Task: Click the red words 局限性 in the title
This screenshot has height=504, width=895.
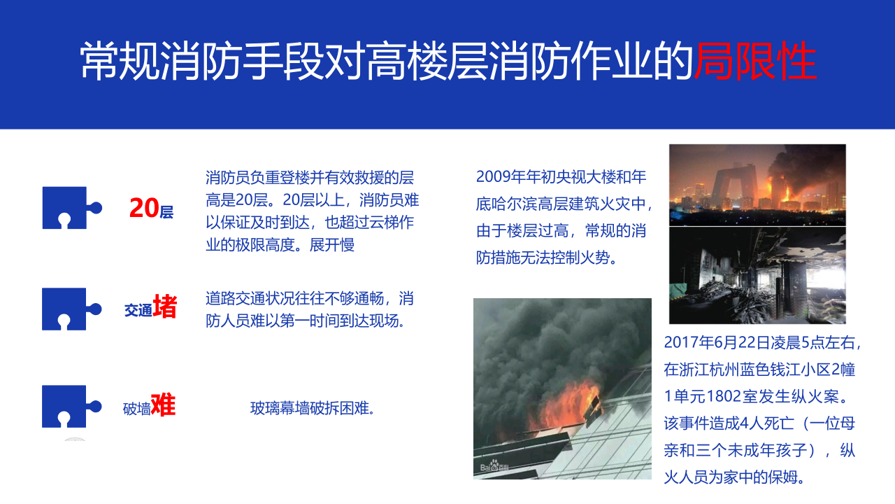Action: (755, 61)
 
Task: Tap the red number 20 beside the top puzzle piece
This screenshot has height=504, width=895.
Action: (144, 208)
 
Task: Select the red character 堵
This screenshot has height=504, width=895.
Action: (164, 307)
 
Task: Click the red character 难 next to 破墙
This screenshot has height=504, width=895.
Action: (164, 405)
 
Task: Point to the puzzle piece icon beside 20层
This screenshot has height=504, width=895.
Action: (72, 208)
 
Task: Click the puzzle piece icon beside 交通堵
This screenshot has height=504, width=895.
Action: (72, 309)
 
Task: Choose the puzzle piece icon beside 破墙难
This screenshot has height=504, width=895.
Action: (72, 407)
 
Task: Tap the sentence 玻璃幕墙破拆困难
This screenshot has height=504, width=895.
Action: (313, 408)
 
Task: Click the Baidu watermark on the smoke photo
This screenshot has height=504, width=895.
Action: (494, 466)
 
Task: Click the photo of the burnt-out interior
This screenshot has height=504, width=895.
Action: (757, 276)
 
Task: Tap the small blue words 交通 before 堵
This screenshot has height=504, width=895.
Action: (138, 310)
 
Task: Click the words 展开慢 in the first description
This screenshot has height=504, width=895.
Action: (332, 245)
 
